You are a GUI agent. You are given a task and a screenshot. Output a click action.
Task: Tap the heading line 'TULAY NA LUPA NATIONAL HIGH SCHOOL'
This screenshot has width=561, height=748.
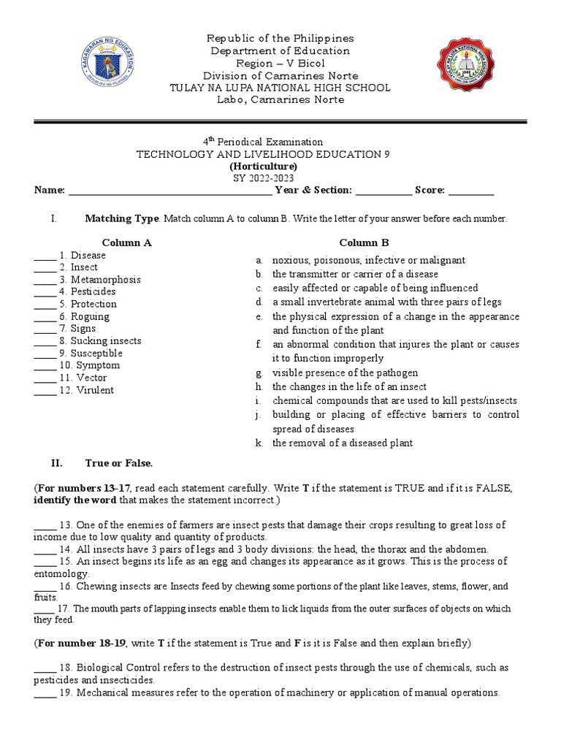(x=280, y=88)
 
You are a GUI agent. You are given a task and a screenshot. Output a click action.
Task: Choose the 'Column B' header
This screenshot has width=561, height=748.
(x=364, y=243)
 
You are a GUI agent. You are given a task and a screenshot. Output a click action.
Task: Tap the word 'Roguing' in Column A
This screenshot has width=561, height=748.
(x=90, y=316)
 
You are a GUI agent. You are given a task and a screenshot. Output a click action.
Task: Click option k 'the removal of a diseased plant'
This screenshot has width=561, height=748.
(x=342, y=443)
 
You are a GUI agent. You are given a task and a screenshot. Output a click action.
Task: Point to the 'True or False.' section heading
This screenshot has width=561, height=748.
(x=118, y=463)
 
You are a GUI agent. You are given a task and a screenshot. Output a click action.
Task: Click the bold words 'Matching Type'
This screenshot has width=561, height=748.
(x=121, y=218)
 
